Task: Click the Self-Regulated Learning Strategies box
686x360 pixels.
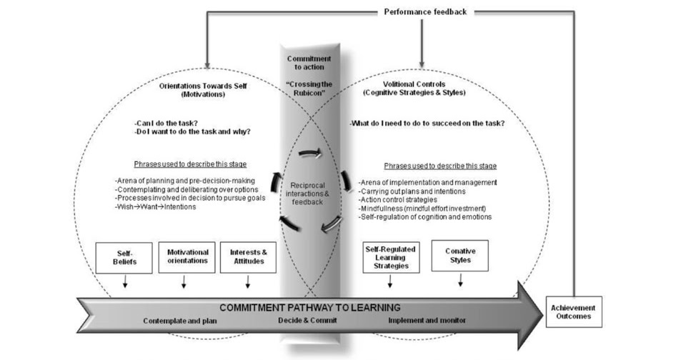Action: click(390, 257)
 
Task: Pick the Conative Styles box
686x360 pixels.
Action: click(459, 256)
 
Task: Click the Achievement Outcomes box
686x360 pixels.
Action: click(574, 311)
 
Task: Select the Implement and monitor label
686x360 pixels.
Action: click(427, 321)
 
